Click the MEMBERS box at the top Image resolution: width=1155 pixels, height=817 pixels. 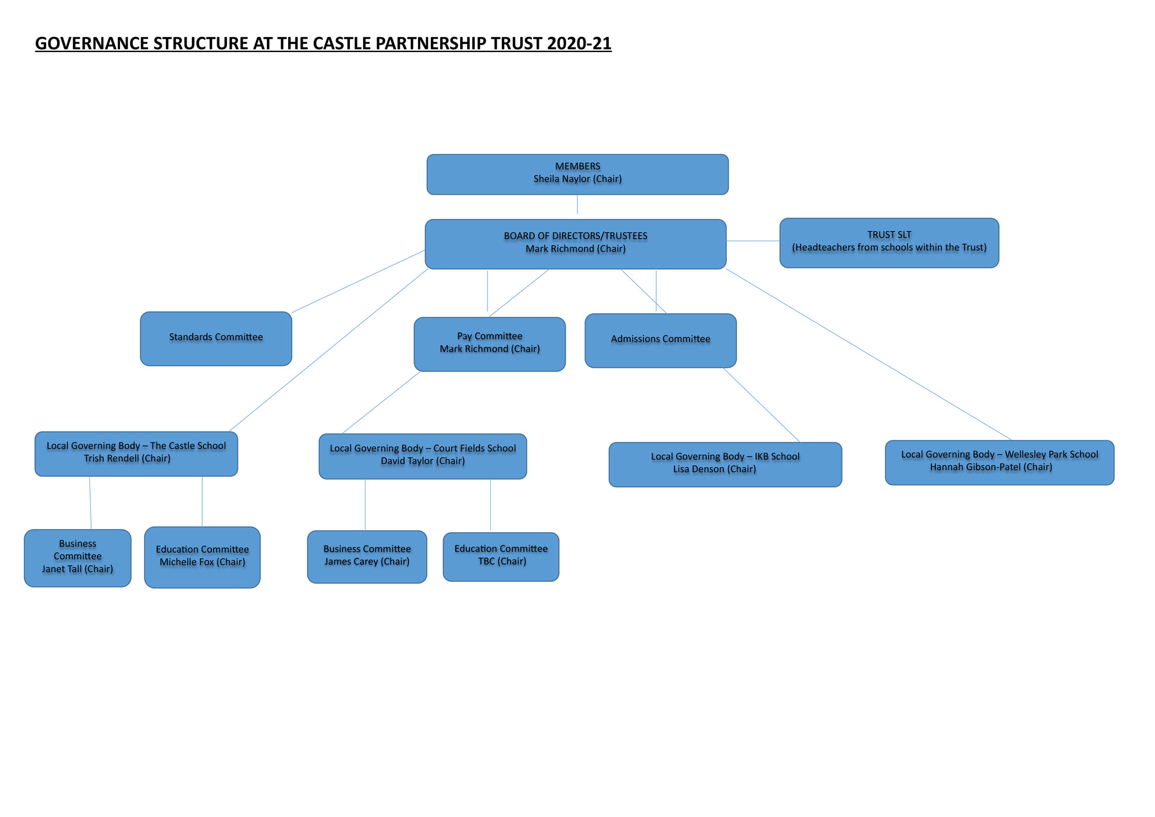coord(577,174)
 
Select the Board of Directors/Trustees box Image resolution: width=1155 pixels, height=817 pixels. coord(576,244)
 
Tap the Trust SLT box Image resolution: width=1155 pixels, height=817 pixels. coord(889,243)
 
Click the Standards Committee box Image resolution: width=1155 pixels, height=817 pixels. coord(216,339)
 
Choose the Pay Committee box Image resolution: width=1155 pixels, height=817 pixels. coord(490,344)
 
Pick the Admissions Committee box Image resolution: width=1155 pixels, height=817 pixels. coord(661,341)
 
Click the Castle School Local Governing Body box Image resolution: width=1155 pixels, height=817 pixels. coord(136,454)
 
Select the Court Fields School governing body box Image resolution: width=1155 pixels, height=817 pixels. coord(423,456)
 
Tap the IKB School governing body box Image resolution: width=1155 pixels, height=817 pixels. coord(725,465)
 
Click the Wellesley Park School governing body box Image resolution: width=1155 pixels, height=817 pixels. coord(1000,463)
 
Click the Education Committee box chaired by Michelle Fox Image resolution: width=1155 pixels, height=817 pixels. coord(202,558)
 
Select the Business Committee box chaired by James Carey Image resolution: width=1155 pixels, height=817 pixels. coord(367,557)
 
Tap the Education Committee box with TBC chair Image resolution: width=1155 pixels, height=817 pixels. coord(501,557)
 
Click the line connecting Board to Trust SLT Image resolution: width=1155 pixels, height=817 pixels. coord(753,241)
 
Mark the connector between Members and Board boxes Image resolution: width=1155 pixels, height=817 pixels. coord(577,205)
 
